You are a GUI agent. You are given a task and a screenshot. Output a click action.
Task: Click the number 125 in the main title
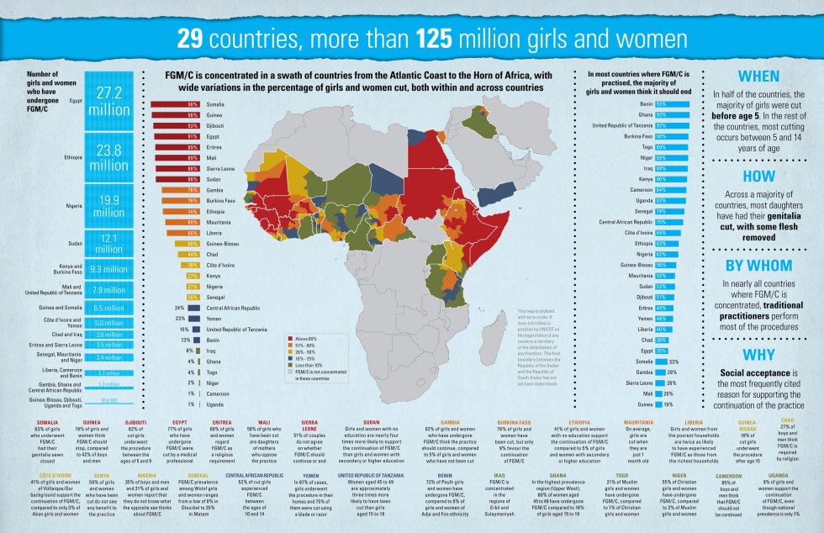click(x=436, y=40)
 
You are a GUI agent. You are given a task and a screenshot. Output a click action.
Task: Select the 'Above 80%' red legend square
click(x=288, y=337)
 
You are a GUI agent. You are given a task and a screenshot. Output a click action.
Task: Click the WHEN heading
click(x=758, y=76)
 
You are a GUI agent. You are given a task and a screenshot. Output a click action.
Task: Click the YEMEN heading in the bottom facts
click(x=308, y=475)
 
